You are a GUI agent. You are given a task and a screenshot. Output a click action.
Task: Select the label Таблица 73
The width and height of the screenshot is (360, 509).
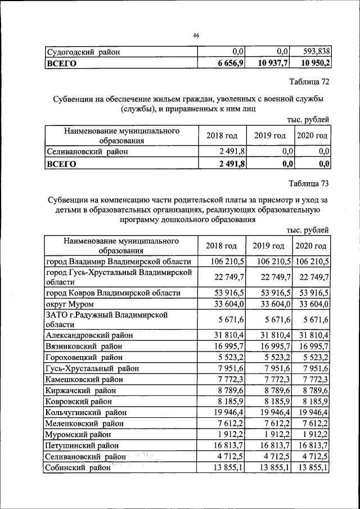point(309,183)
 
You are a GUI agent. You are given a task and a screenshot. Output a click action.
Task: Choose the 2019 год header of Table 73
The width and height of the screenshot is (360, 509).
point(269,246)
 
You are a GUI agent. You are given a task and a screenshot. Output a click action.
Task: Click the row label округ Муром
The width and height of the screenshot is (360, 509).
point(69,304)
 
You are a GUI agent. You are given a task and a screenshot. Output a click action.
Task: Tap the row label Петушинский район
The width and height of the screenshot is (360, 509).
point(82,445)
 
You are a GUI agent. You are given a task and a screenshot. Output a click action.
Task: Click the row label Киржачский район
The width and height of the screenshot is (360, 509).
point(81,390)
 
